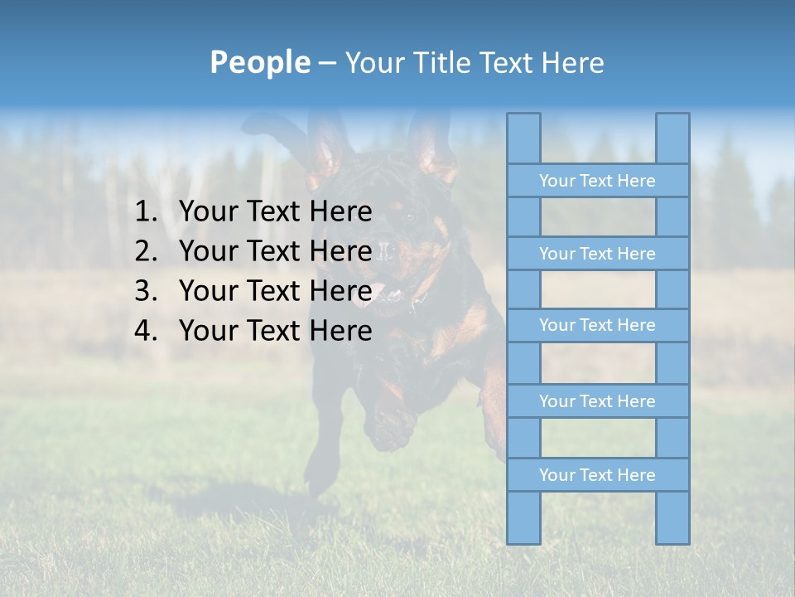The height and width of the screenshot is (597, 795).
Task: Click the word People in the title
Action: click(259, 62)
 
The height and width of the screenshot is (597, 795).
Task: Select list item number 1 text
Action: click(275, 211)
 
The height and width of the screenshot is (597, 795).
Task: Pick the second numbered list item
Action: click(275, 251)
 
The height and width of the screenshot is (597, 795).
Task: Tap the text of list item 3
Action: click(275, 291)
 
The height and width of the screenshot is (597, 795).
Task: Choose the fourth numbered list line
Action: click(275, 331)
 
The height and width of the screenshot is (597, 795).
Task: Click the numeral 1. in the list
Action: click(146, 211)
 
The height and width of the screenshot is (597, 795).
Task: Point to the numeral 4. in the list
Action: click(146, 331)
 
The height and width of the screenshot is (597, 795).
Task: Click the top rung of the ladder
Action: click(597, 180)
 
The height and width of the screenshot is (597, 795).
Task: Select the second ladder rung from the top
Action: click(597, 253)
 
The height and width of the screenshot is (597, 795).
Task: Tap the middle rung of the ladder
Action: click(597, 325)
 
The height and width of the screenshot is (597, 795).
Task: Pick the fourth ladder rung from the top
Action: click(597, 401)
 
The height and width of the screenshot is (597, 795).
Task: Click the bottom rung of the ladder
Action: click(597, 475)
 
